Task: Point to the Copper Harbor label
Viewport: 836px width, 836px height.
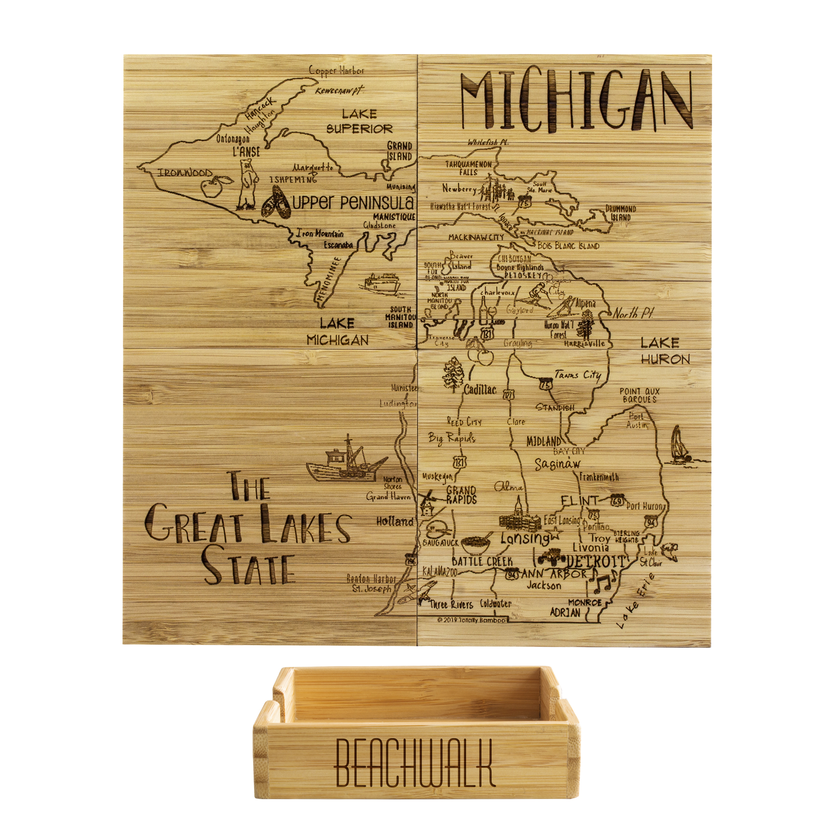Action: (336, 71)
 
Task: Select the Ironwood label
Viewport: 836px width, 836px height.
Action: (185, 173)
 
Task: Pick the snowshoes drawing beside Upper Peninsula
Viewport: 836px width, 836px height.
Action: (275, 202)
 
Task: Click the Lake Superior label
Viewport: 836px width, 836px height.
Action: (359, 121)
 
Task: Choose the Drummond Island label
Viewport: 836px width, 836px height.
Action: (620, 213)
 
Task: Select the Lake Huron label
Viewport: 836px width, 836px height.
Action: (665, 351)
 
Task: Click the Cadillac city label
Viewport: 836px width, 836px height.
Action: (479, 390)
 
